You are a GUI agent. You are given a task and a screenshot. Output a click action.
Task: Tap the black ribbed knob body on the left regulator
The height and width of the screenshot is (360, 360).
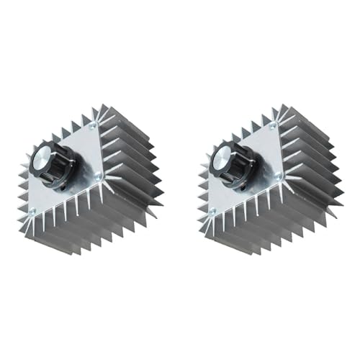60,173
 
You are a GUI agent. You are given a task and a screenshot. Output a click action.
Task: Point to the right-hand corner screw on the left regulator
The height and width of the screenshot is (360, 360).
100,175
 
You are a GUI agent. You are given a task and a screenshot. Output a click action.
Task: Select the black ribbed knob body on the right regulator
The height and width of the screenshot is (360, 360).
235,173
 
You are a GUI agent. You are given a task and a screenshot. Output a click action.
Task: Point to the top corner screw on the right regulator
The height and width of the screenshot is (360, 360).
271,126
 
